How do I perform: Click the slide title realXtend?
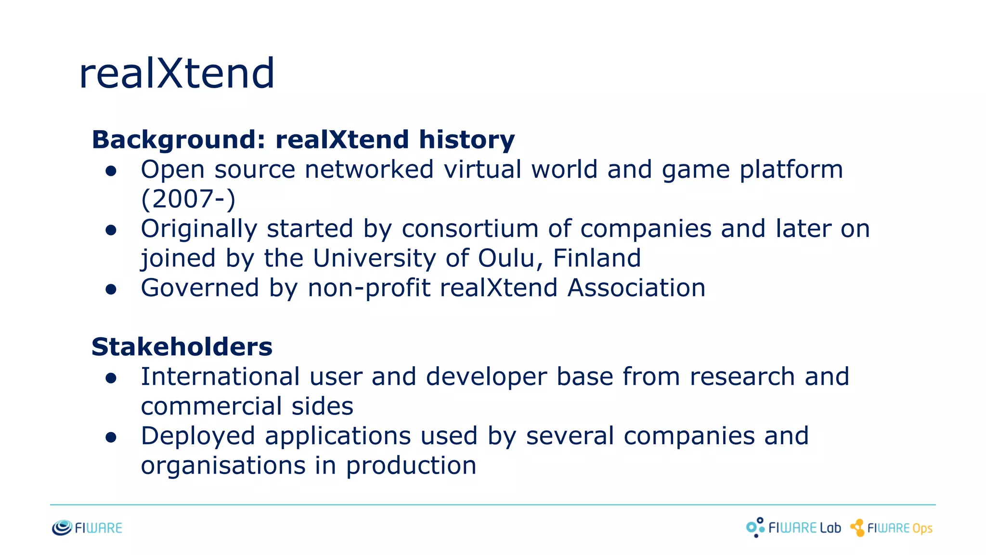tap(177, 73)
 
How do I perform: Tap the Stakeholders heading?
tap(182, 347)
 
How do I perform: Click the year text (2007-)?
tap(188, 199)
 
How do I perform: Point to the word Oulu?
tap(506, 258)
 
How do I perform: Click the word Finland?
tap(597, 258)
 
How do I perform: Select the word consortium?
tap(470, 229)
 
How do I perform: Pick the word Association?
tap(636, 288)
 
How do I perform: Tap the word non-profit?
tap(369, 288)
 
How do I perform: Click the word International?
tap(220, 377)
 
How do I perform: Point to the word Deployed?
tap(198, 436)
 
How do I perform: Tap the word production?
tap(411, 466)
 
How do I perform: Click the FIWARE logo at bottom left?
tap(87, 528)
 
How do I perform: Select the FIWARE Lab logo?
tap(793, 528)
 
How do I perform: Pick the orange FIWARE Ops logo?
tap(891, 528)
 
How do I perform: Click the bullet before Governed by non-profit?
tap(111, 289)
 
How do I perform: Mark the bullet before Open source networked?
tap(111, 171)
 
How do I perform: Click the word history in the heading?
tap(467, 140)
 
